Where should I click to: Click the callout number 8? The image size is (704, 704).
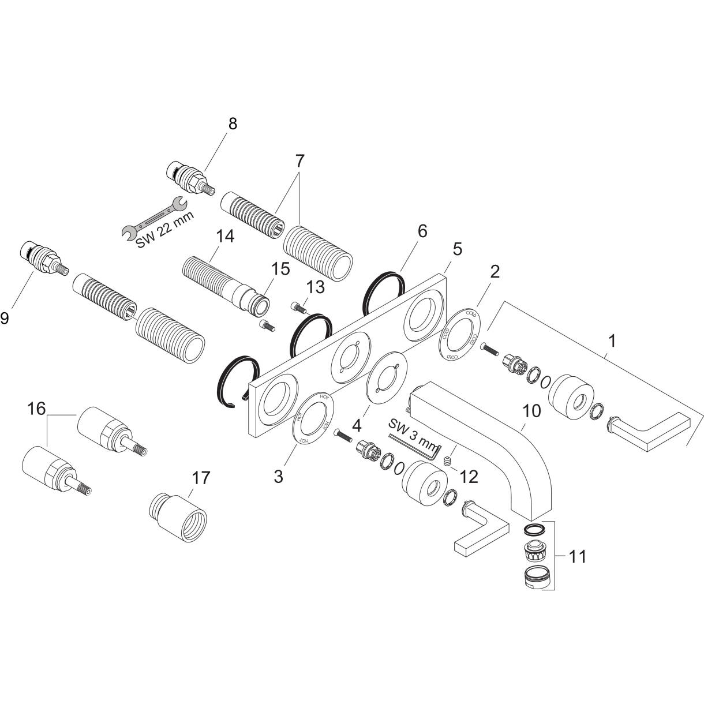pos(232,124)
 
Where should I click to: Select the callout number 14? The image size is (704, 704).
pos(225,237)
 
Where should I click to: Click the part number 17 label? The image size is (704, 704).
pos(201,478)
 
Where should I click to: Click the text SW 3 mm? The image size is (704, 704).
pos(414,433)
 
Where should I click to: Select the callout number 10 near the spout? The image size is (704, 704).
pos(532,411)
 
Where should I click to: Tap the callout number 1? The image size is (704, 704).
pos(612,341)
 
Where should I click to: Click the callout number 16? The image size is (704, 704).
pos(36,409)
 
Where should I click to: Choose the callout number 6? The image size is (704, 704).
pos(422,231)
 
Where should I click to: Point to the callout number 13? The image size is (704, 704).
pos(316,287)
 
